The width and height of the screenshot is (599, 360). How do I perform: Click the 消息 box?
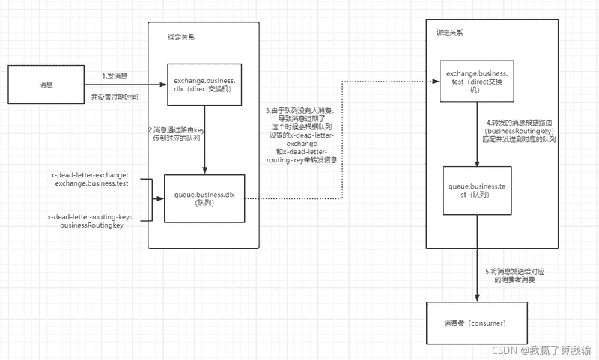tap(46, 85)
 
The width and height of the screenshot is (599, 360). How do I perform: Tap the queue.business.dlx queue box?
tap(204, 198)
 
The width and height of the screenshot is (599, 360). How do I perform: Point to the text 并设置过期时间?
tap(114, 97)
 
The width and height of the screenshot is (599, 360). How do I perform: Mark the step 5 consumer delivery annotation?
tap(516, 274)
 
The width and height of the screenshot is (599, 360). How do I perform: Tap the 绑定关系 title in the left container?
tap(183, 37)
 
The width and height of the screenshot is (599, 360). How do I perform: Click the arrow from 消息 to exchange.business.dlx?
tap(127, 85)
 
